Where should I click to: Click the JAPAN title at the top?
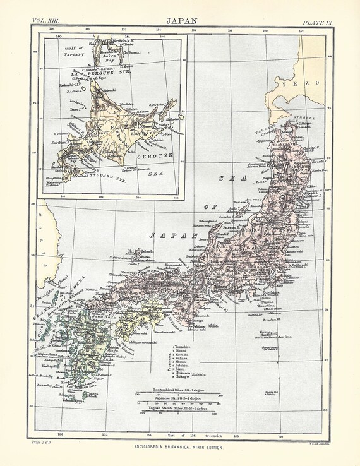pos(180,21)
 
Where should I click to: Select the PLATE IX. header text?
pos(318,22)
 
